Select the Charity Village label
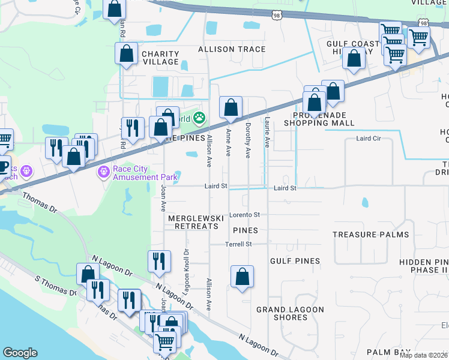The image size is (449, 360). click(x=160, y=58)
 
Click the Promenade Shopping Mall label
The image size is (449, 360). click(x=324, y=119)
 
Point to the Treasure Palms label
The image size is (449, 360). click(x=370, y=235)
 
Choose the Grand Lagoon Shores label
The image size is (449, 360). click(x=290, y=313)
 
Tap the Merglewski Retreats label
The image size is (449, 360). click(x=196, y=222)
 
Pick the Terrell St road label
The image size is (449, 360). click(x=238, y=244)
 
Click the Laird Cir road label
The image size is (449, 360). click(x=369, y=139)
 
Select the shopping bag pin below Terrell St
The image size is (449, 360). click(x=243, y=277)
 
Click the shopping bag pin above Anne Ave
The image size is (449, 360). click(x=231, y=108)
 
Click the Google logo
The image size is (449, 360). click(x=20, y=353)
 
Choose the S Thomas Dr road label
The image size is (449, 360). click(x=56, y=286)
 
